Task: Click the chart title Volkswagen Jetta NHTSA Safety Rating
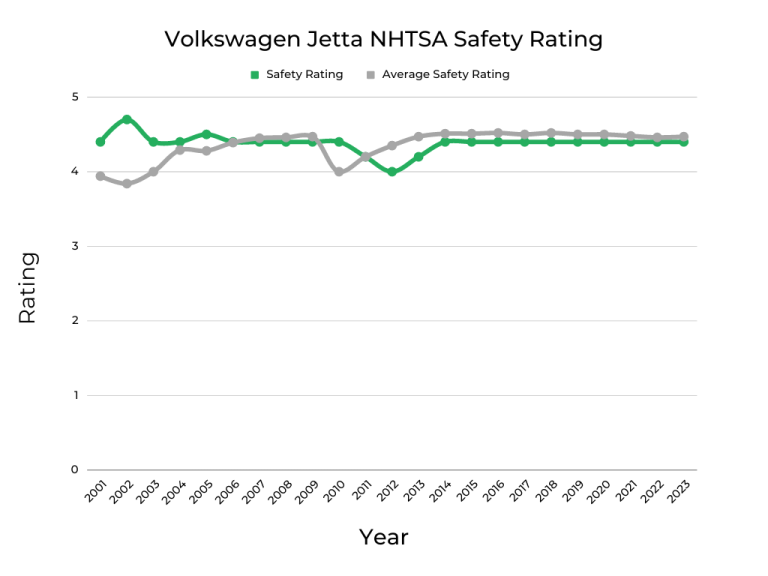[384, 39]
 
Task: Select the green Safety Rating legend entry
[296, 74]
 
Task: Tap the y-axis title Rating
[27, 287]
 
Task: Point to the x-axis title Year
[384, 537]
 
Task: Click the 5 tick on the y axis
[74, 97]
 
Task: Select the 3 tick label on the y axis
[74, 246]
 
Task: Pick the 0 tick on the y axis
[74, 470]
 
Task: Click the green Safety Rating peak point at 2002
[127, 119]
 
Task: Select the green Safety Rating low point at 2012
[392, 172]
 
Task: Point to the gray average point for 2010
[339, 172]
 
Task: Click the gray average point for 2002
[127, 184]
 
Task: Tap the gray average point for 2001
[100, 176]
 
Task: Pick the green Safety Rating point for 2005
[206, 134]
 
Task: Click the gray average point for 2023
[683, 137]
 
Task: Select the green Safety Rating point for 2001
[100, 142]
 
